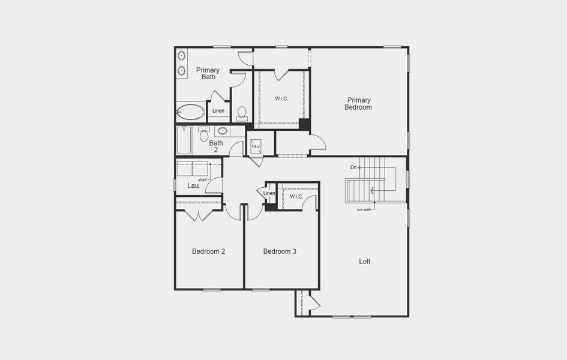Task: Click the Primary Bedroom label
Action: pyautogui.click(x=358, y=104)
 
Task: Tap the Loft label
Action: pyautogui.click(x=365, y=262)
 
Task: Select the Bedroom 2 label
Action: pyautogui.click(x=208, y=251)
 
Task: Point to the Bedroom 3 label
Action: pyautogui.click(x=280, y=251)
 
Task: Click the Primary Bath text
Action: pyautogui.click(x=208, y=73)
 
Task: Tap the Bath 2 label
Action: pyautogui.click(x=216, y=146)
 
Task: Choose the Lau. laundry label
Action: pyautogui.click(x=193, y=186)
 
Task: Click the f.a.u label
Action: pyautogui.click(x=256, y=146)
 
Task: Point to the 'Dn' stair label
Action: pyautogui.click(x=353, y=167)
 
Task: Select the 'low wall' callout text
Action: pyautogui.click(x=364, y=209)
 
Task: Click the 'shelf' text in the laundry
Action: pyautogui.click(x=203, y=179)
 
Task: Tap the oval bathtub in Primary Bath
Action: pyautogui.click(x=191, y=112)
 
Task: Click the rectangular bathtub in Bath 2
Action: pyautogui.click(x=184, y=140)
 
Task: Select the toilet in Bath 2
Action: pyautogui.click(x=203, y=134)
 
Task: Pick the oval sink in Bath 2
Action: pyautogui.click(x=222, y=131)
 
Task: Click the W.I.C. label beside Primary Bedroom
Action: pyautogui.click(x=281, y=98)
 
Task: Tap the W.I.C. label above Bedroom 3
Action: pyautogui.click(x=296, y=197)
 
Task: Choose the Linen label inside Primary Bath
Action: pyautogui.click(x=218, y=111)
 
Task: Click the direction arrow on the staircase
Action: pyautogui.click(x=373, y=191)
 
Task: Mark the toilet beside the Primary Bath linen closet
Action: pyautogui.click(x=242, y=112)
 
